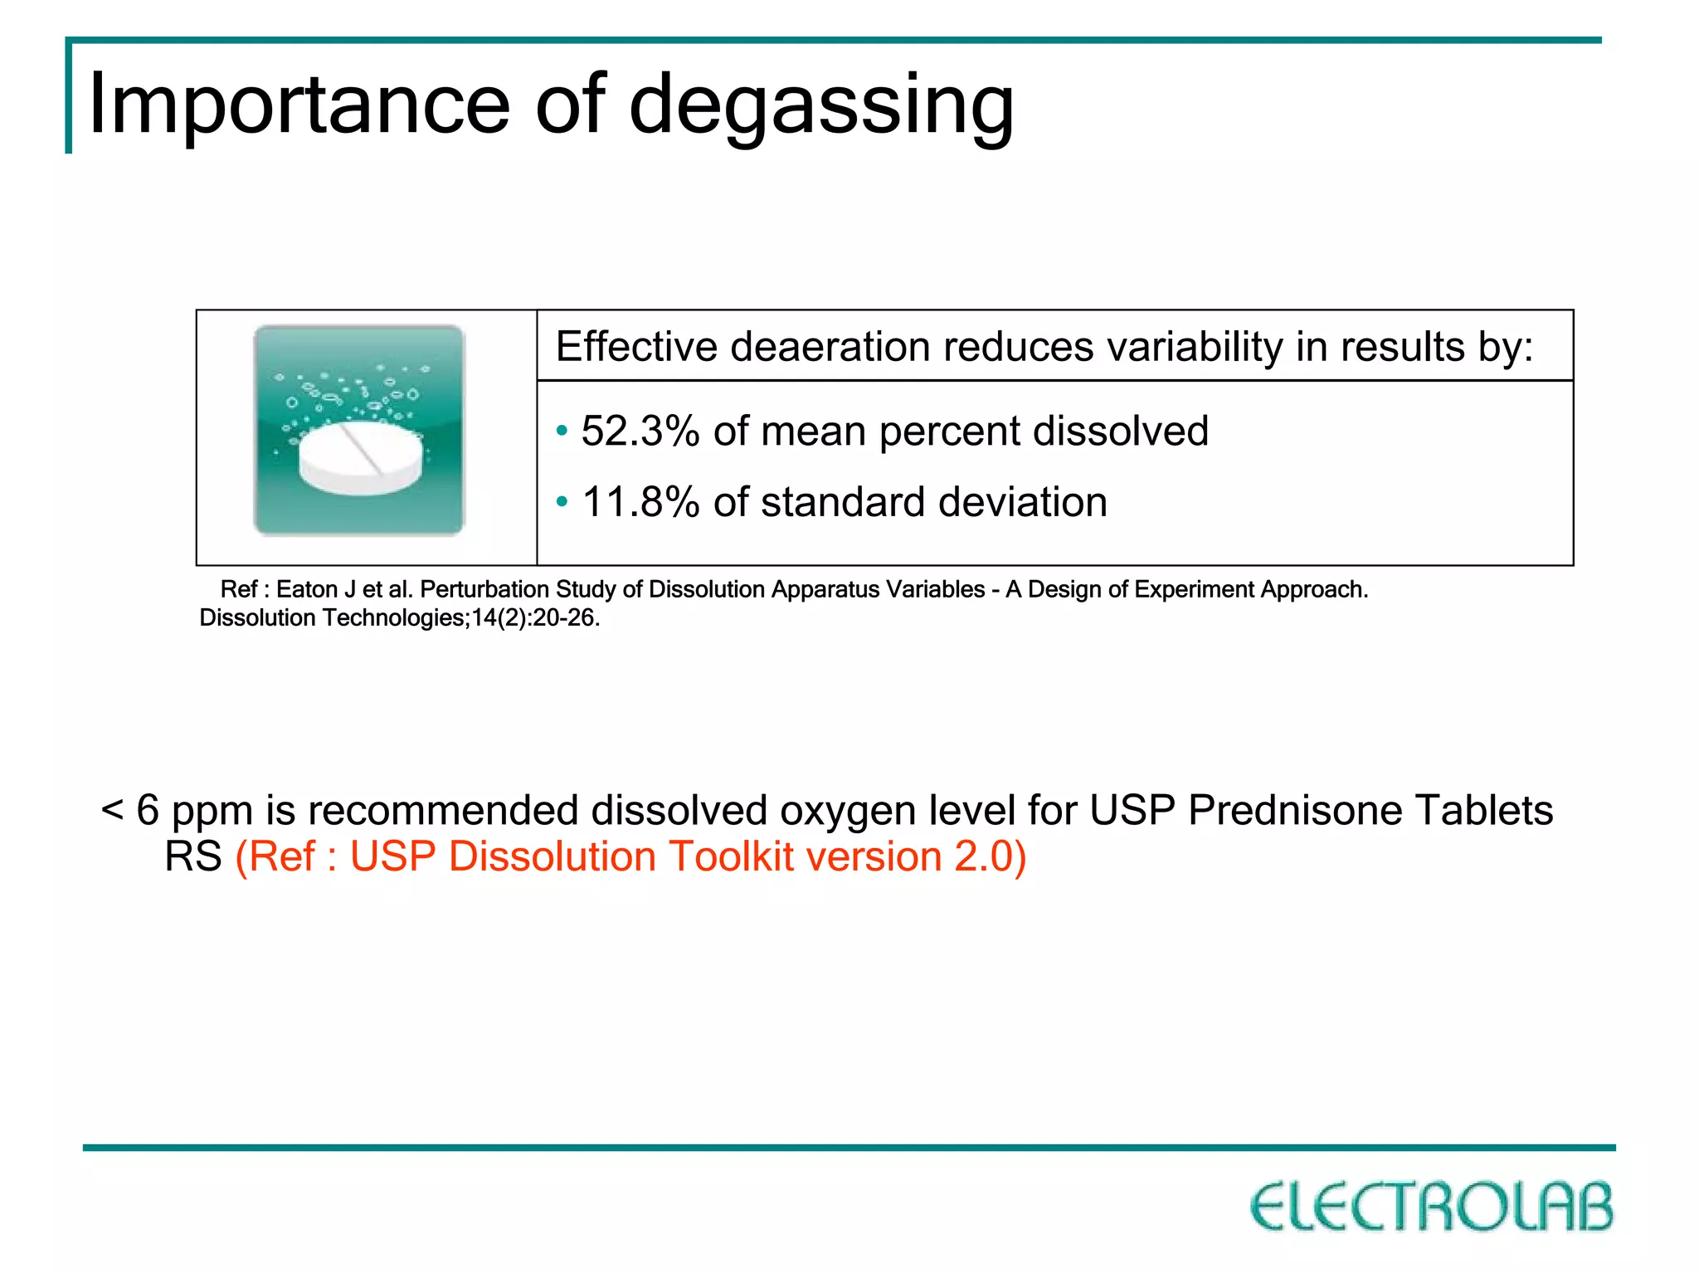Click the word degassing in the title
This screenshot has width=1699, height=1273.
(x=821, y=106)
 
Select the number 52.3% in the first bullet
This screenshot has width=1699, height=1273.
(x=640, y=431)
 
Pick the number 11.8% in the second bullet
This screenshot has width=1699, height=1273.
(x=640, y=502)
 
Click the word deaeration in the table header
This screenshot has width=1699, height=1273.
(x=829, y=346)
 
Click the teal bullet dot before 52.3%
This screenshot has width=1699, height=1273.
(x=562, y=431)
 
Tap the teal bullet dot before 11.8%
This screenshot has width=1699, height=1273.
(x=562, y=502)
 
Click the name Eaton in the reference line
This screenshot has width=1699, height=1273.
(x=307, y=589)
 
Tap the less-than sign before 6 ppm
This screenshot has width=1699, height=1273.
(x=111, y=810)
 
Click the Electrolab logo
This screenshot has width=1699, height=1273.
(x=1432, y=1207)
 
